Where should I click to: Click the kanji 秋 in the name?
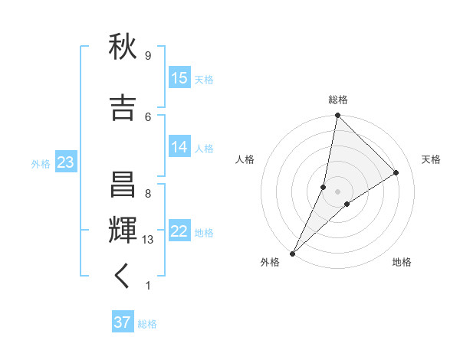coord(123,49)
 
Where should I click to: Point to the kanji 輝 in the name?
coord(123,231)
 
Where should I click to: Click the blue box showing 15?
coord(179,79)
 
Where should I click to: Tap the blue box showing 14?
coord(179,148)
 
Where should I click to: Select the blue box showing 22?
coord(179,232)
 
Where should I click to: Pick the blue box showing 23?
coord(65,163)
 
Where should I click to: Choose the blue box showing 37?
coord(123,322)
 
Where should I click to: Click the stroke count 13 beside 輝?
coord(148,240)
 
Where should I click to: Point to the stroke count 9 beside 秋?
coord(147,56)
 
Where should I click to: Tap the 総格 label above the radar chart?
coord(337,100)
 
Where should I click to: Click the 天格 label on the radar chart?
coord(432,159)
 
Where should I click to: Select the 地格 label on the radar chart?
coord(402,263)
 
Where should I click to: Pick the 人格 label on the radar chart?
coord(245,159)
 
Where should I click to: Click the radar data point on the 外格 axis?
coord(293,253)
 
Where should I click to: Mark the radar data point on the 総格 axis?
coord(337,115)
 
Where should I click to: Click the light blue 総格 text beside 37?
coord(147,324)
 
